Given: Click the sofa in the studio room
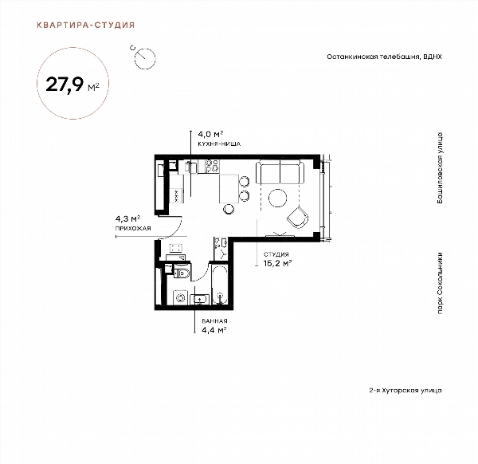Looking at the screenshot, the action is [280, 171].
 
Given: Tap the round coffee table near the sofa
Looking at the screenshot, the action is [278, 198].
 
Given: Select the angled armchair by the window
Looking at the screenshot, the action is [297, 218].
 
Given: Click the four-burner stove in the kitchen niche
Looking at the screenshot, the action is [213, 167].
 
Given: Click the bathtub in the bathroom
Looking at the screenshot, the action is [219, 285].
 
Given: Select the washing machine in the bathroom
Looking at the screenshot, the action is [181, 297].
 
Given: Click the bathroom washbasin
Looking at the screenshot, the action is [200, 300].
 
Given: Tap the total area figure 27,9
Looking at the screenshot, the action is [65, 85].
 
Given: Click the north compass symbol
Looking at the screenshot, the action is [144, 57].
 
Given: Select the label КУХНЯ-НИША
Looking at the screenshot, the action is [219, 144].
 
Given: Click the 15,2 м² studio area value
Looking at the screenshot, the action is [278, 263].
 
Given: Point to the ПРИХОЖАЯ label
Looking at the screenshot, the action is [133, 228].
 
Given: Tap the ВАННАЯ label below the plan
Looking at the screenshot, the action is [214, 321].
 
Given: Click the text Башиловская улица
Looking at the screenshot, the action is [440, 168].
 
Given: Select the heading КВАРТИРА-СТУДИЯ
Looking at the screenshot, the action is [86, 25].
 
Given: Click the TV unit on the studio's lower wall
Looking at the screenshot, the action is [280, 234].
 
